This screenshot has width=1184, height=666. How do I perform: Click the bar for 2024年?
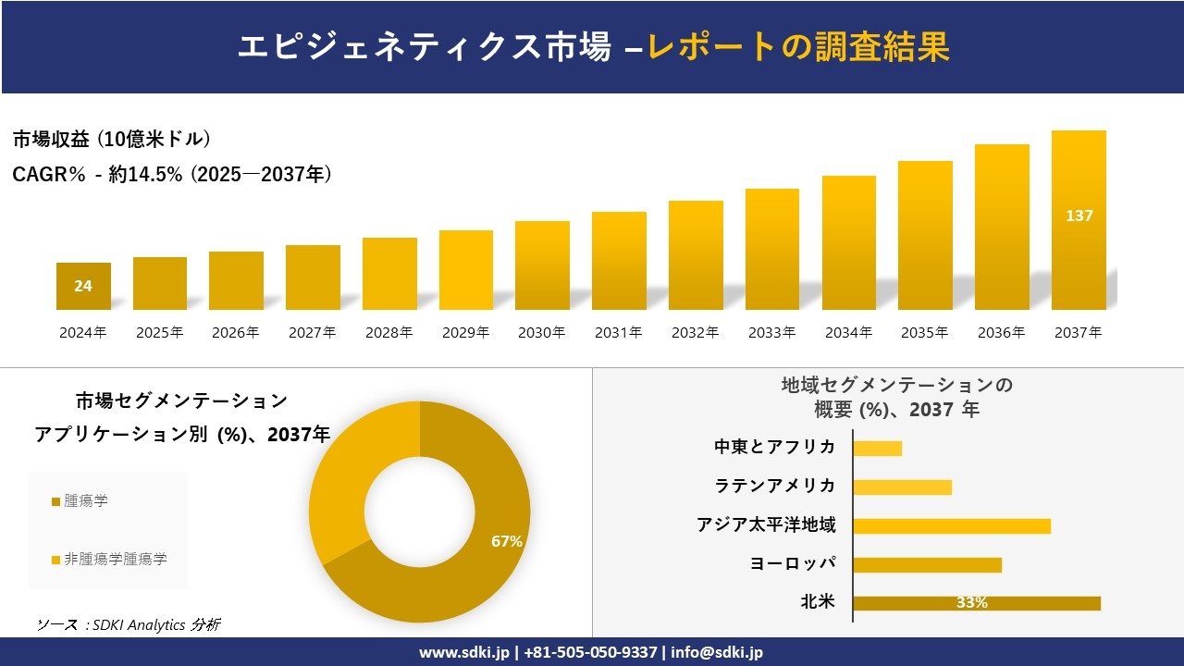tap(83, 286)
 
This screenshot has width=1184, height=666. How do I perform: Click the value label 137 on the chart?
tap(1079, 216)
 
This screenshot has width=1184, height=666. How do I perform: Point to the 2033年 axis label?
tap(771, 333)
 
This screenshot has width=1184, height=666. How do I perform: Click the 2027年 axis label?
tap(312, 333)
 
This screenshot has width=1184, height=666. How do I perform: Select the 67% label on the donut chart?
tap(507, 541)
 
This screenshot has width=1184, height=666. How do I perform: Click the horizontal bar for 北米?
tap(976, 603)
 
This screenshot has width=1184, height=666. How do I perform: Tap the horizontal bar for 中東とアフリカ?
tap(877, 449)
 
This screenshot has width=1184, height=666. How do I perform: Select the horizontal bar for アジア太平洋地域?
tap(951, 526)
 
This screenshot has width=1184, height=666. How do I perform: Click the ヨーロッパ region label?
tap(793, 563)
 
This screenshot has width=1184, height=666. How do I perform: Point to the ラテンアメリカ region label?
tap(774, 486)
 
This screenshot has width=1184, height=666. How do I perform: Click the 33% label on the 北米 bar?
tap(971, 603)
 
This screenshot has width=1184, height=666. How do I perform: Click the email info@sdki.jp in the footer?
tap(717, 652)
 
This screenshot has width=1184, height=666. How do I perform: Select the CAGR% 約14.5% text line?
tap(172, 174)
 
